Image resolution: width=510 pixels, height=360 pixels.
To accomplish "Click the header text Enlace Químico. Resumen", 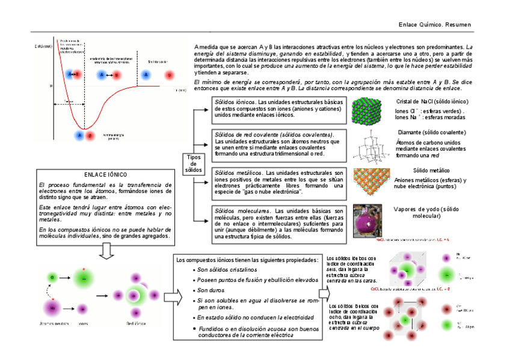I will coord(435,25).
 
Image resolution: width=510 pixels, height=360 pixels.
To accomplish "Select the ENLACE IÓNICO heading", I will coord(105,174).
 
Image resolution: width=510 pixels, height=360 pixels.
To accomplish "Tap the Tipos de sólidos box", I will coord(193,163).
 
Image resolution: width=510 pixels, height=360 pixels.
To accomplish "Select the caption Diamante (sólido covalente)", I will coord(431,132).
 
